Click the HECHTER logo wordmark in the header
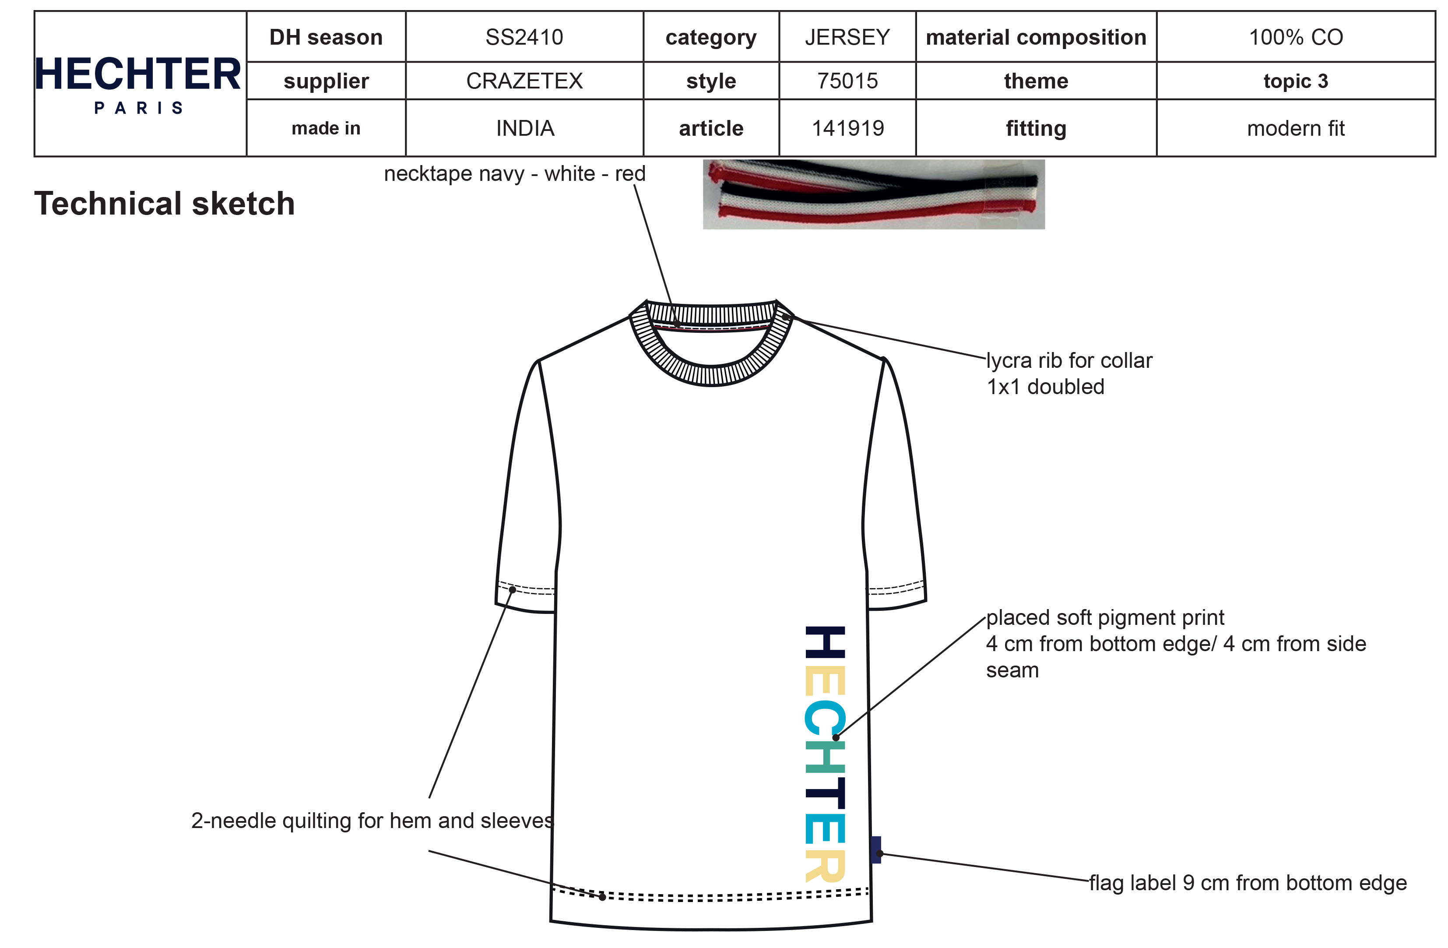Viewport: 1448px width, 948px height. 138,74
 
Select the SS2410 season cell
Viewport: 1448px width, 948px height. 524,37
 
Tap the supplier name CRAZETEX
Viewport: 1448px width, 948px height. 524,81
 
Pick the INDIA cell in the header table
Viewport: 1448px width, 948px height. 524,128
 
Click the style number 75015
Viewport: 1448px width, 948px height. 847,81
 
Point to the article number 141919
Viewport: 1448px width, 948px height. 847,128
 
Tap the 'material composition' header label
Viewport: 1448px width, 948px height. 1036,37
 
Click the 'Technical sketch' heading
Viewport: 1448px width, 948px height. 164,203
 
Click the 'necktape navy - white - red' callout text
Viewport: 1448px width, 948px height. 514,173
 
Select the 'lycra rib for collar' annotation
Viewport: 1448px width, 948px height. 1069,361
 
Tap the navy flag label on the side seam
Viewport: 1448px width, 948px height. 875,849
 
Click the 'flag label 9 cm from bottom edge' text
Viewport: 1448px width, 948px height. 1247,882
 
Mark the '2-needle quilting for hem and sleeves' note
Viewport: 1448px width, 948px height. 373,821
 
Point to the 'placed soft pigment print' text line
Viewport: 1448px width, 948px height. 1105,617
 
